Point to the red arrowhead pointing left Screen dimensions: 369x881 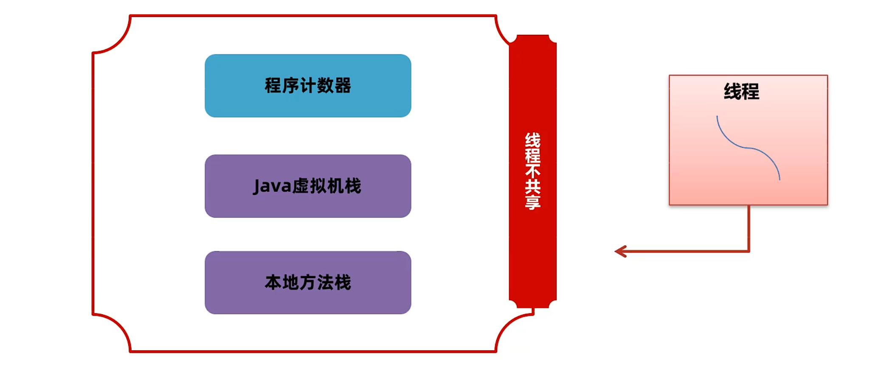click(x=621, y=252)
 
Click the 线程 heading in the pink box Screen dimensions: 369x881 click(x=741, y=92)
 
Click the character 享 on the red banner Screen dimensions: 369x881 click(x=532, y=202)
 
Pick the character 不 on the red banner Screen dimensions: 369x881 click(x=532, y=171)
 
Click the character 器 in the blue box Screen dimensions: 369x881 click(x=343, y=86)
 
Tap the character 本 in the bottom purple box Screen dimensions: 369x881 click(x=273, y=282)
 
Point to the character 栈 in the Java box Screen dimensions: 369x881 click(x=353, y=186)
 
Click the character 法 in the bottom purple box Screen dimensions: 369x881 click(x=326, y=282)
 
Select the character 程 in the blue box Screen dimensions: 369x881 click(x=273, y=86)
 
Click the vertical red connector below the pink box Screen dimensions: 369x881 click(x=749, y=227)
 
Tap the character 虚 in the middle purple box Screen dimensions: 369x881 click(x=301, y=186)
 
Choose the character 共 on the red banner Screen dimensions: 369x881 click(x=532, y=187)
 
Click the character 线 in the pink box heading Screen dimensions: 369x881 click(x=732, y=92)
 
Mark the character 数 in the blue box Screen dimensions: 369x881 click(x=325, y=86)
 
